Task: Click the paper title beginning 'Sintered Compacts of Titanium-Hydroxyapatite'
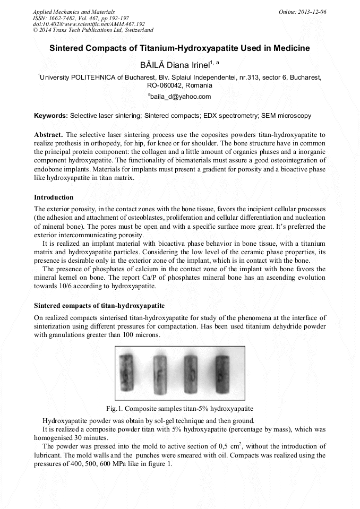click(x=179, y=48)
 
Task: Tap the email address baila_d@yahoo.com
click(x=181, y=97)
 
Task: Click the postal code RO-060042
click(x=165, y=85)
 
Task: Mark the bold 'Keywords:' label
click(x=51, y=115)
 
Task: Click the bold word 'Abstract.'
click(x=48, y=135)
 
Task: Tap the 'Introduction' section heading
click(x=54, y=197)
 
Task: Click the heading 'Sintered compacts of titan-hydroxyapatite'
click(x=99, y=306)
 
